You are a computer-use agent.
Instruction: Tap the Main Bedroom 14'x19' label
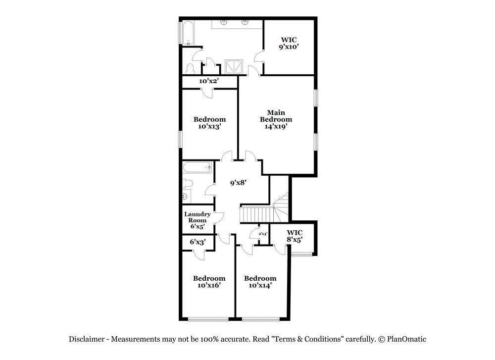276,119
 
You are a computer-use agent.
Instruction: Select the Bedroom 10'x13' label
209,123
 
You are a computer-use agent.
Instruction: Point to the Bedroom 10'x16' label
209,282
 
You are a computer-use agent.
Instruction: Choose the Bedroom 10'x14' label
260,282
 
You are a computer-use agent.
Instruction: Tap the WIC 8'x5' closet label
295,236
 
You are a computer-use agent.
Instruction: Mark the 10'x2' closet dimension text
209,81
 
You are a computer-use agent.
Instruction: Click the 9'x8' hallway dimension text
238,182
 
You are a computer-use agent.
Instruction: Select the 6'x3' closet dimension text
198,242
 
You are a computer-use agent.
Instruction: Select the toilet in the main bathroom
191,68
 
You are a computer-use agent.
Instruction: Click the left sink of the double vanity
224,22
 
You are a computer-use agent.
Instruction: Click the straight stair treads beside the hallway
256,215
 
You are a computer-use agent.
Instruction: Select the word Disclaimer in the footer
87,339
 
